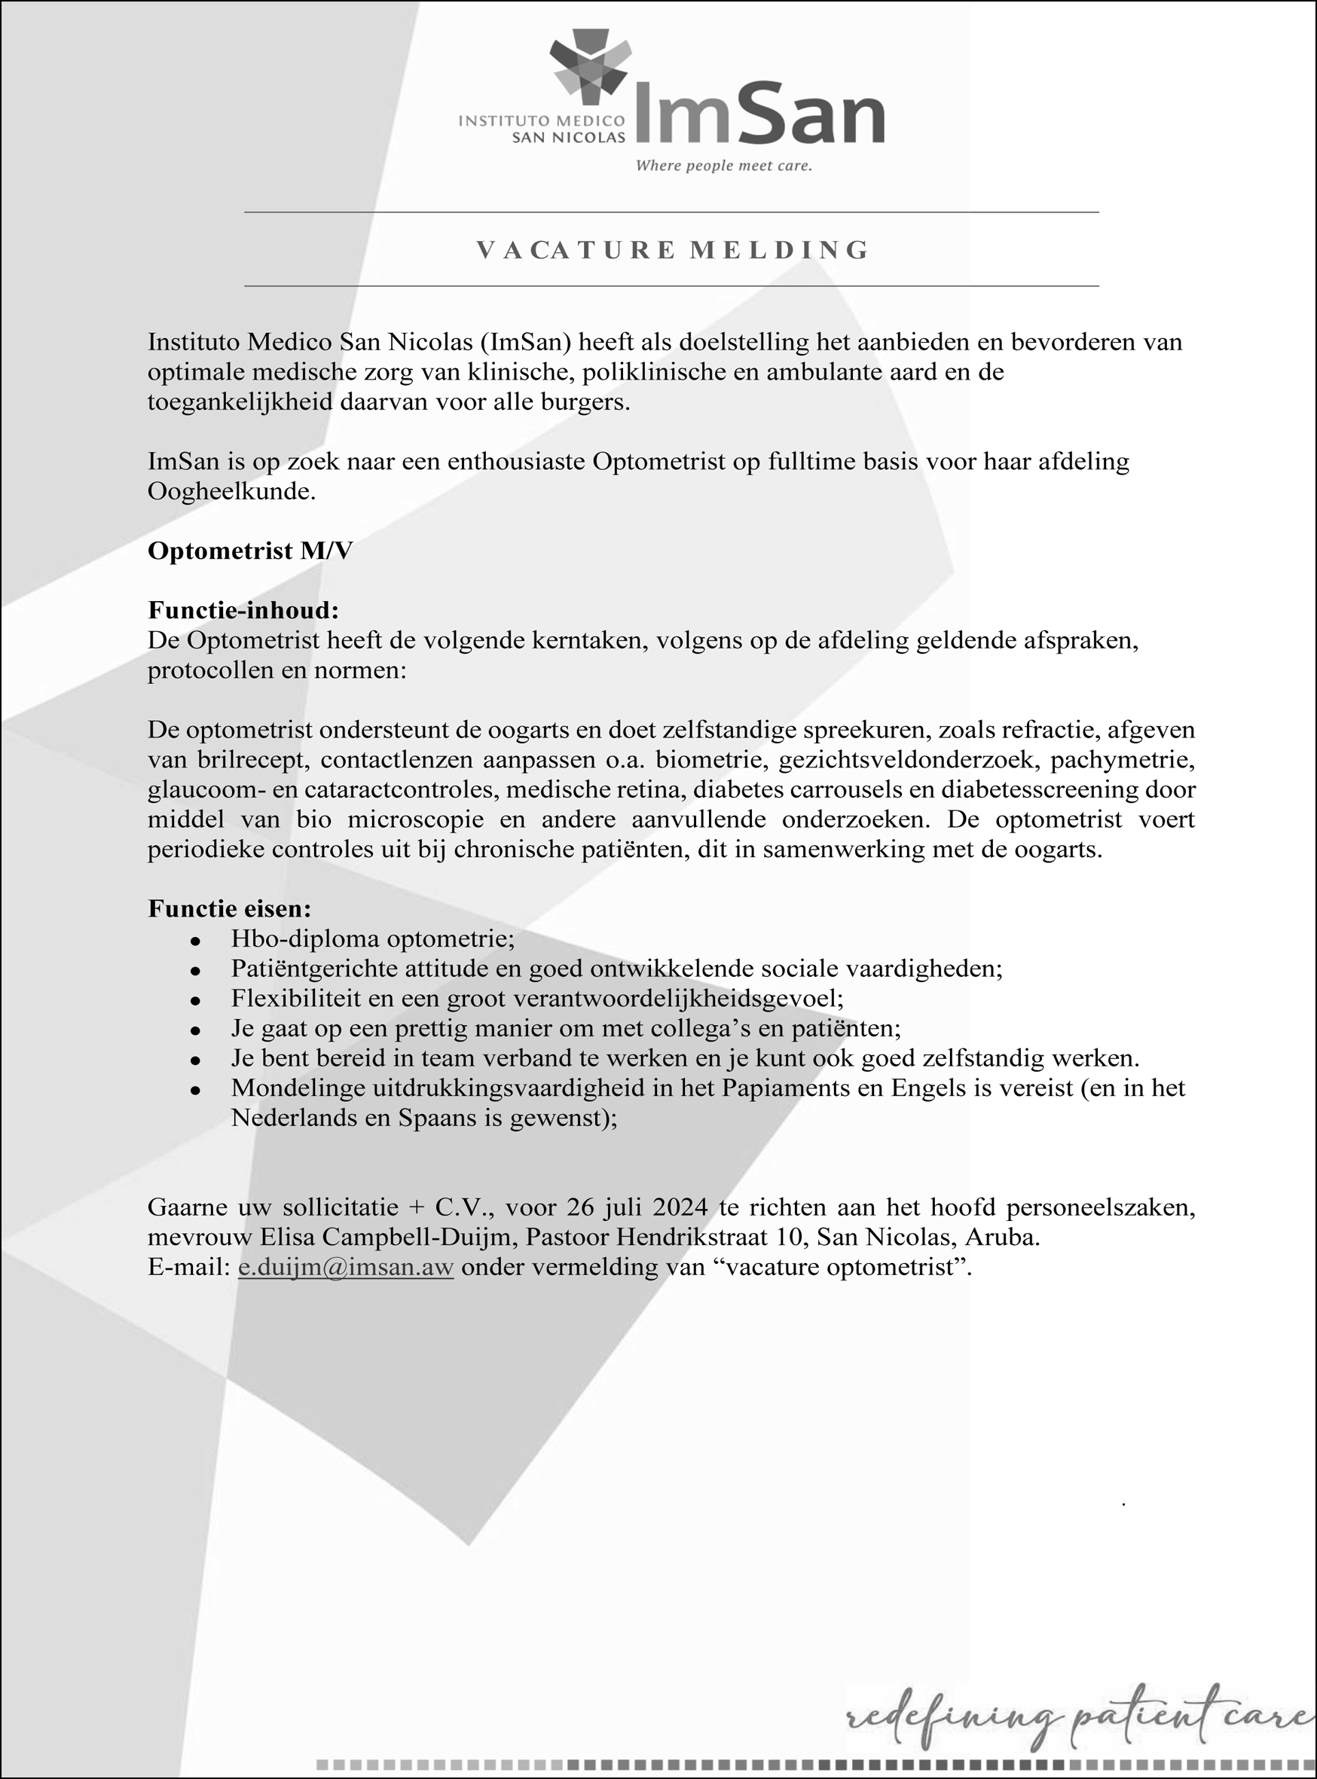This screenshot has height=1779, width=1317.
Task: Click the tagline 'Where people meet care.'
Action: pyautogui.click(x=723, y=166)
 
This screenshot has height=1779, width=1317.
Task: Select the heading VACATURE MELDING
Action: pyautogui.click(x=672, y=250)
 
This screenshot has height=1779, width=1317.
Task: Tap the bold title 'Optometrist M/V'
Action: pyautogui.click(x=249, y=551)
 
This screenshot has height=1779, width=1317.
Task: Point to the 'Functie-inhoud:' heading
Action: pyautogui.click(x=243, y=611)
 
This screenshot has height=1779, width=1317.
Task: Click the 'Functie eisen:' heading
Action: pyautogui.click(x=230, y=908)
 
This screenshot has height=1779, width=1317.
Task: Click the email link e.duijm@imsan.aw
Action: pyautogui.click(x=345, y=1268)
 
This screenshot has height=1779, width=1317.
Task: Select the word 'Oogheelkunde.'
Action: pyautogui.click(x=231, y=492)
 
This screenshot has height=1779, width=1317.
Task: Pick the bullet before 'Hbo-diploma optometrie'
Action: pyautogui.click(x=194, y=941)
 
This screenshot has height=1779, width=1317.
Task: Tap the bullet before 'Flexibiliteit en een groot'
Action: pyautogui.click(x=194, y=1000)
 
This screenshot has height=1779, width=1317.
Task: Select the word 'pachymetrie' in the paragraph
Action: pyautogui.click(x=1122, y=761)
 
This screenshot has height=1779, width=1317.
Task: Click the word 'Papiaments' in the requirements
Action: pyautogui.click(x=784, y=1089)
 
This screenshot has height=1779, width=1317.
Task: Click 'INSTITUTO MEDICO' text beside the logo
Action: pyautogui.click(x=541, y=121)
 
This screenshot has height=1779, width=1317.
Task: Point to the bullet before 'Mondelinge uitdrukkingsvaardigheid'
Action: pyautogui.click(x=194, y=1090)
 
